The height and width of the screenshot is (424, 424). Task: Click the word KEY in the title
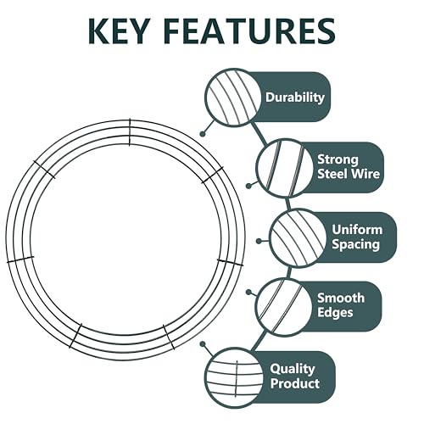(x=118, y=31)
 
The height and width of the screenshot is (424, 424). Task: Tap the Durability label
(x=295, y=98)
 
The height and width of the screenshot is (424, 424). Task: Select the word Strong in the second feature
(x=338, y=160)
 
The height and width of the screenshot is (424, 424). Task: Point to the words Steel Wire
(x=349, y=174)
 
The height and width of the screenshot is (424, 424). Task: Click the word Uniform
(x=357, y=230)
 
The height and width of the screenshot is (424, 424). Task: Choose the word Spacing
(x=355, y=244)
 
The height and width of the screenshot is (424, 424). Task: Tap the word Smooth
(x=341, y=298)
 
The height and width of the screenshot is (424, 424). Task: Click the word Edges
(x=335, y=313)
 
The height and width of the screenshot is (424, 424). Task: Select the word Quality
(x=293, y=369)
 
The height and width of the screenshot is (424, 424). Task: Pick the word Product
(x=295, y=383)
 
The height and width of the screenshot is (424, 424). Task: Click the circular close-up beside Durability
(x=232, y=98)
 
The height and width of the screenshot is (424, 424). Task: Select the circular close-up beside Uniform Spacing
(x=297, y=238)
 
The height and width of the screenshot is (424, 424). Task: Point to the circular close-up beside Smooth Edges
(x=283, y=306)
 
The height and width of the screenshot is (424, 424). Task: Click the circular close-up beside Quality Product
(x=234, y=377)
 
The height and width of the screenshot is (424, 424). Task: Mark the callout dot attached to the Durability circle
(x=202, y=134)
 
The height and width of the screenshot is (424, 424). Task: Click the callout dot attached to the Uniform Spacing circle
(x=259, y=241)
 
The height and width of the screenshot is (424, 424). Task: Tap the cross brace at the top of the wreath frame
(x=130, y=132)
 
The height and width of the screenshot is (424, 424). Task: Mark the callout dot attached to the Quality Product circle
(x=202, y=344)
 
